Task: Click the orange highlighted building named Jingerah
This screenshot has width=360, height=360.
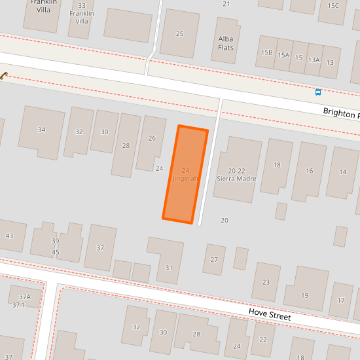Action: click(x=185, y=174)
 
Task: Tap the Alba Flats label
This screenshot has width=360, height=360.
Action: click(x=226, y=43)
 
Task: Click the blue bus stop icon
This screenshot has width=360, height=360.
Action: click(x=318, y=92)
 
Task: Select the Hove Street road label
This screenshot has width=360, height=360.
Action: click(x=269, y=315)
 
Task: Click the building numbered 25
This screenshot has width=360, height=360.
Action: click(x=179, y=33)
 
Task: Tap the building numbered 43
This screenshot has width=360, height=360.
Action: click(x=9, y=236)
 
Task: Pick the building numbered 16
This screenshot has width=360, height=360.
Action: click(x=309, y=171)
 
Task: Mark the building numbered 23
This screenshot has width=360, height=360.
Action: click(x=266, y=281)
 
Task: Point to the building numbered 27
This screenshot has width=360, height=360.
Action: click(x=214, y=260)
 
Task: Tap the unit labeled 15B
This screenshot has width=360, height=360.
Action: click(x=266, y=52)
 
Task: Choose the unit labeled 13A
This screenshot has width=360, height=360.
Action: click(x=314, y=60)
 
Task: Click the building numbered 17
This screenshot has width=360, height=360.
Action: click(x=340, y=300)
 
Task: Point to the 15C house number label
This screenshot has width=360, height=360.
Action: click(x=333, y=6)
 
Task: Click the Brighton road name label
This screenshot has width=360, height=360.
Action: click(x=340, y=113)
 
